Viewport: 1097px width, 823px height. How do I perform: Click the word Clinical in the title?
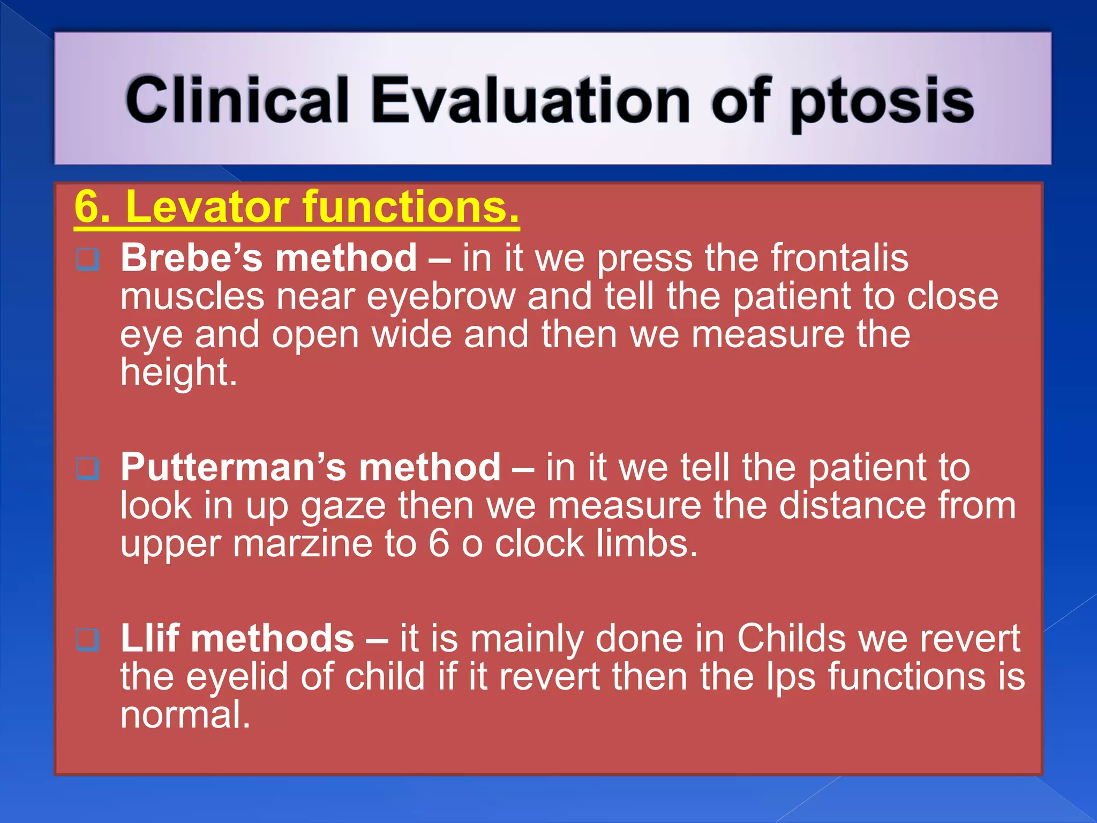tap(237, 100)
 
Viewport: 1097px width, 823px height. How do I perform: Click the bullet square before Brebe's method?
tap(88, 259)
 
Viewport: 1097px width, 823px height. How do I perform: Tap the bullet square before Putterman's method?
tap(88, 469)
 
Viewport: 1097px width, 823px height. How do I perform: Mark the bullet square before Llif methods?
tap(88, 640)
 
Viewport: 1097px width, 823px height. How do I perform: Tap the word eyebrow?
tap(440, 296)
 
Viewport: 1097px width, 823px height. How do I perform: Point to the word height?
tap(178, 372)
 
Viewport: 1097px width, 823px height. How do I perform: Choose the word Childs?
tap(791, 638)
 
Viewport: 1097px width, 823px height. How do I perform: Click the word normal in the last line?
tap(185, 715)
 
